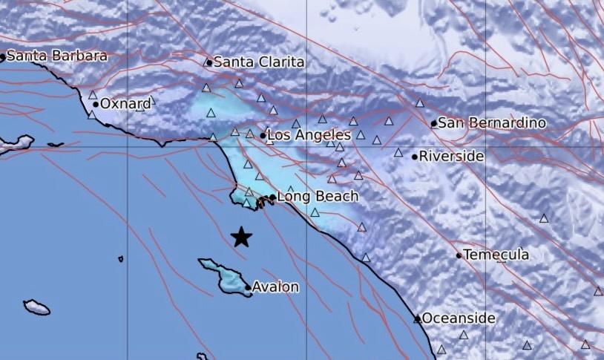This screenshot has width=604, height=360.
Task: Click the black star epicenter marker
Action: pyautogui.click(x=241, y=237)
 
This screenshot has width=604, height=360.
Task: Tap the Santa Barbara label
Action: pyautogui.click(x=57, y=56)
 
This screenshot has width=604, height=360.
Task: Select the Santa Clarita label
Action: pyautogui.click(x=259, y=63)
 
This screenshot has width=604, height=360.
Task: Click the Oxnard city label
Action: pyautogui.click(x=125, y=105)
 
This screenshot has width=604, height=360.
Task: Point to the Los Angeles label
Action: pyautogui.click(x=309, y=135)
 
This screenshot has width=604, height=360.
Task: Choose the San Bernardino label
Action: pyautogui.click(x=492, y=123)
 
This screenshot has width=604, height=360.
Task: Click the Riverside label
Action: pyautogui.click(x=452, y=157)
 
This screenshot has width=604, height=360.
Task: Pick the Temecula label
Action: pyautogui.click(x=496, y=255)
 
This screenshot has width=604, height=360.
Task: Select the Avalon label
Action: pyautogui.click(x=276, y=287)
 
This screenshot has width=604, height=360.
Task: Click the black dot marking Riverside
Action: pyautogui.click(x=414, y=157)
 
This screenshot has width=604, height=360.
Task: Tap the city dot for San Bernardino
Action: pyautogui.click(x=434, y=123)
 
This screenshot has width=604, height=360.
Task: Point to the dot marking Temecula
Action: pyautogui.click(x=459, y=255)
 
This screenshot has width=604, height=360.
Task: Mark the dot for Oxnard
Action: pyautogui.click(x=96, y=105)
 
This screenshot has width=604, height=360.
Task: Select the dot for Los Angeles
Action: pyautogui.click(x=263, y=135)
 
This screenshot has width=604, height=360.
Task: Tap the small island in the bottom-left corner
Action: pyautogui.click(x=36, y=307)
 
